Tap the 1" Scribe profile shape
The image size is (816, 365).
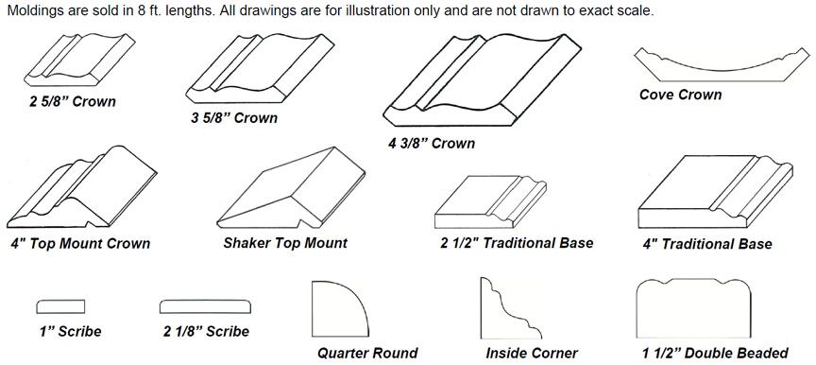click(x=62, y=306)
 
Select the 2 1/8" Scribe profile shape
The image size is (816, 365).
click(x=206, y=306)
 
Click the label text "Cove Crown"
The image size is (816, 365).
click(x=680, y=96)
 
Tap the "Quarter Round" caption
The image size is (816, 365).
click(x=366, y=354)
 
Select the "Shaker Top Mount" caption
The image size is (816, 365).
click(x=285, y=243)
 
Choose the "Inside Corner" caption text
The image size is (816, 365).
click(x=531, y=354)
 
